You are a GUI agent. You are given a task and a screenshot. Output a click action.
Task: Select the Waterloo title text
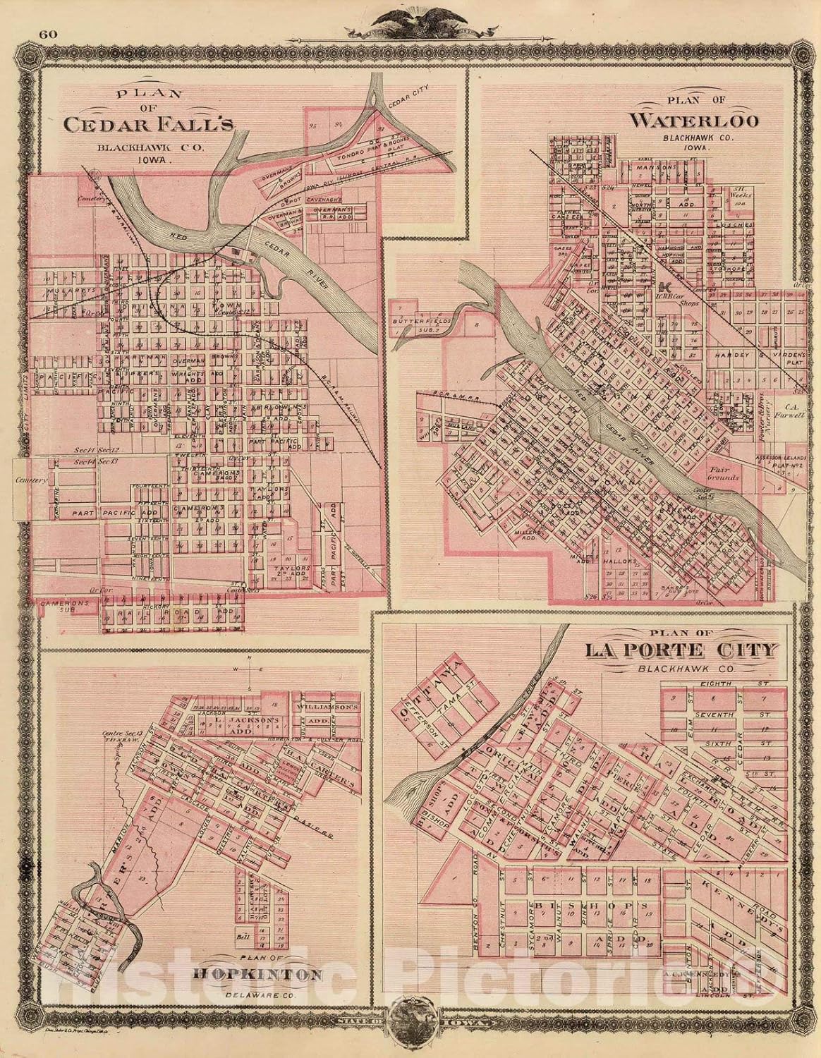point(694,120)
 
